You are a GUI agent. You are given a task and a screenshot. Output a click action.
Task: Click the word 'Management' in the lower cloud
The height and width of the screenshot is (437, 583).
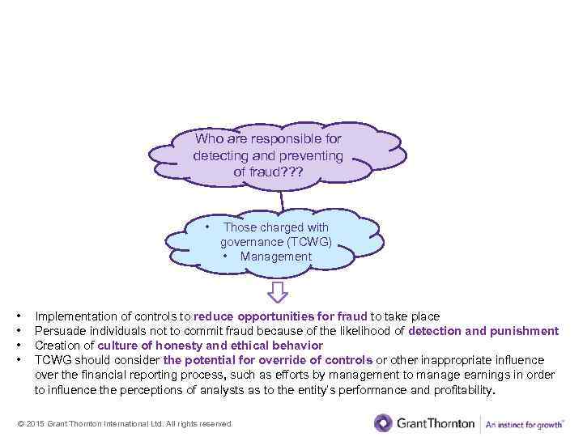(275, 257)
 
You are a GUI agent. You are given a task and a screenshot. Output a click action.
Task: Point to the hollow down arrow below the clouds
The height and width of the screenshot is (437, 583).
(278, 291)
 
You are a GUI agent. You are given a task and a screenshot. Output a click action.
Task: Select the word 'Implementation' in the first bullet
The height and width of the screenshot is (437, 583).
(74, 316)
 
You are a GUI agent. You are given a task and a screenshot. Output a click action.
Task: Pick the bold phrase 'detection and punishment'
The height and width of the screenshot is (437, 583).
(483, 331)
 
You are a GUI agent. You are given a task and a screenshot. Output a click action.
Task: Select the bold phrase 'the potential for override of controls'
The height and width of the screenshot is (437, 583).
(268, 360)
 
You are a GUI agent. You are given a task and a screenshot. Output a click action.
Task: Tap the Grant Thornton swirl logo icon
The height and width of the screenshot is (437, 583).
(383, 422)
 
